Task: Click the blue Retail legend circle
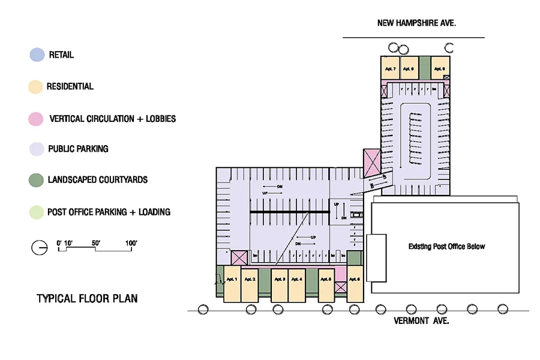37,55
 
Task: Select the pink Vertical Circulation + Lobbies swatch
37,119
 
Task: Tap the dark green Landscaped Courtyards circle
37,179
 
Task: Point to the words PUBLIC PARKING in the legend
78,148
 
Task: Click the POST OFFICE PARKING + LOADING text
109,212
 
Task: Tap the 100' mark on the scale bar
131,243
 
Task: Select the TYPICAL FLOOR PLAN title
87,298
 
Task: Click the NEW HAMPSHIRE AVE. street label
417,23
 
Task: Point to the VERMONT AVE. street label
421,320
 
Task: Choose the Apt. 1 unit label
232,280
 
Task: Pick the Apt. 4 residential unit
296,280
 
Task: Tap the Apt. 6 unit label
354,280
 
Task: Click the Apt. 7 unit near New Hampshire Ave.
390,69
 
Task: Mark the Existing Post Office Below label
446,247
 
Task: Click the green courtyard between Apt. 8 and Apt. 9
424,68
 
